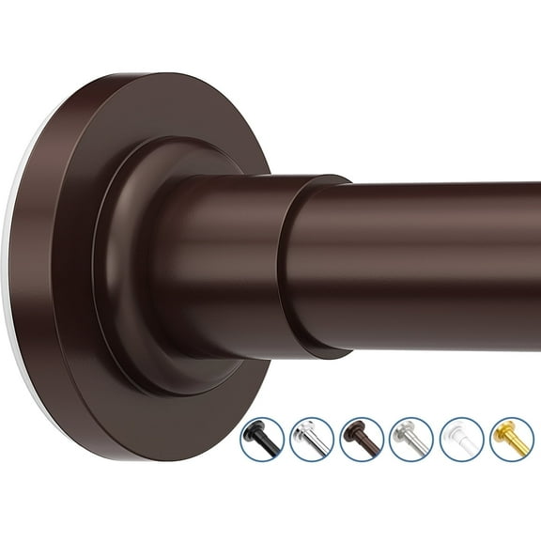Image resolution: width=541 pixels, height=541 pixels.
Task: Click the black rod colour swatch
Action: tap(261, 439)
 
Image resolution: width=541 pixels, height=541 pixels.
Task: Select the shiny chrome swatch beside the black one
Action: tap(312, 439)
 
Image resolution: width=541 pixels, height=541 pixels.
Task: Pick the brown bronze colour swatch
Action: tap(362, 439)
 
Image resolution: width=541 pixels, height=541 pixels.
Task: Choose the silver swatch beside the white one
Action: tap(411, 439)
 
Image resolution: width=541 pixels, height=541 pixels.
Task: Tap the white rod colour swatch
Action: tap(462, 439)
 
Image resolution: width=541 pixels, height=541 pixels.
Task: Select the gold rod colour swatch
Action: tap(512, 439)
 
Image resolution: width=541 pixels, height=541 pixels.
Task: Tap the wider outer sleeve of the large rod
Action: tap(235, 263)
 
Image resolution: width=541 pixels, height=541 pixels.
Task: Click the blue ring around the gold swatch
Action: tap(512, 418)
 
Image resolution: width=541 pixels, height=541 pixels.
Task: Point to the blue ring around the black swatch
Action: tap(261, 418)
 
